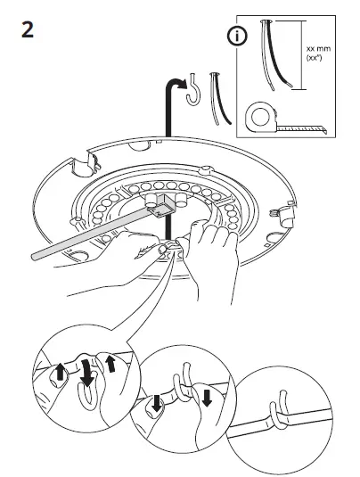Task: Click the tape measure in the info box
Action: coord(259,117)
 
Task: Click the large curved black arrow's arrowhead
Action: coord(181,83)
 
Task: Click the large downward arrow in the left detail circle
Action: coord(86,372)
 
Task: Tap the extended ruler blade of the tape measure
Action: coord(303,127)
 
